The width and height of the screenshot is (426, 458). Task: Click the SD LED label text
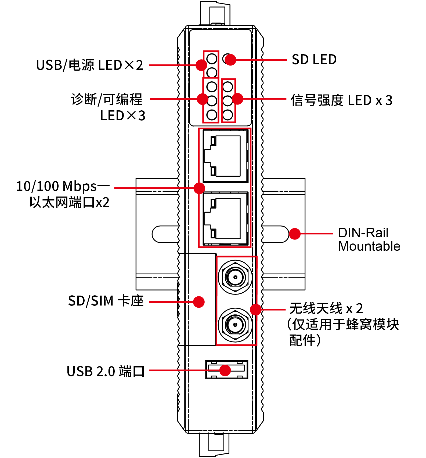tap(314, 60)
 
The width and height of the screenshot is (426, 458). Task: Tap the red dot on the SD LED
tap(230, 60)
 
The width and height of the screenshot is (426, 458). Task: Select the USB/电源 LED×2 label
tap(89, 65)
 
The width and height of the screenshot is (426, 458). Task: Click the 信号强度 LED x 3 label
tap(341, 100)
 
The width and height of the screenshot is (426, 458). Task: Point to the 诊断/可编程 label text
tap(107, 99)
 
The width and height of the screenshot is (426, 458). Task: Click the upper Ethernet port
tap(225, 156)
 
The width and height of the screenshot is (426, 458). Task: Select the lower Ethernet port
tap(225, 219)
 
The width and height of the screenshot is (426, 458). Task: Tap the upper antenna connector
tap(235, 277)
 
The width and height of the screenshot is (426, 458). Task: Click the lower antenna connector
tap(235, 325)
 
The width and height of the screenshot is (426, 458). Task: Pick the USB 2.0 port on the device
tap(226, 370)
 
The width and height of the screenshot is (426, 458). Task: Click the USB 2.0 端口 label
tap(106, 371)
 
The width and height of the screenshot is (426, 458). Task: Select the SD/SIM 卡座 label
tap(106, 301)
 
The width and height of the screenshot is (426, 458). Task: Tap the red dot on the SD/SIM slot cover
tap(199, 302)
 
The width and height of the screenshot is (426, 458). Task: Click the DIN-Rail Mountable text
tap(369, 239)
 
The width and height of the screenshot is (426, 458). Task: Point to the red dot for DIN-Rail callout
tap(295, 234)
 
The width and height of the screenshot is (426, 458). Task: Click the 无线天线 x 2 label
tap(326, 308)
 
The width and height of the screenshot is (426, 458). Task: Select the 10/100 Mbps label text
tap(62, 186)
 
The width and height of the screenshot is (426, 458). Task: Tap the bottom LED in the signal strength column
tap(228, 115)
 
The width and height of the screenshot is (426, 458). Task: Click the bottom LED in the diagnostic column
tap(212, 115)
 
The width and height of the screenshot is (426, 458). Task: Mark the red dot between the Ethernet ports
tap(199, 188)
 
